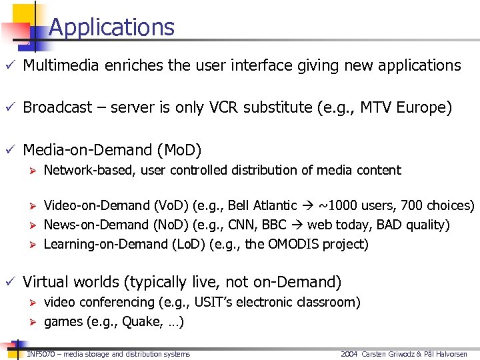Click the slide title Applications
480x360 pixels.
[111, 27]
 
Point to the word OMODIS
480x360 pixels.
[293, 244]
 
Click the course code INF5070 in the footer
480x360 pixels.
[40, 354]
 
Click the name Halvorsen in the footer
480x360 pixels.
[457, 354]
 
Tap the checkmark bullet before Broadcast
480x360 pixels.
[9, 107]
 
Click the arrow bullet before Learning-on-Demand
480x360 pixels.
[30, 244]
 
